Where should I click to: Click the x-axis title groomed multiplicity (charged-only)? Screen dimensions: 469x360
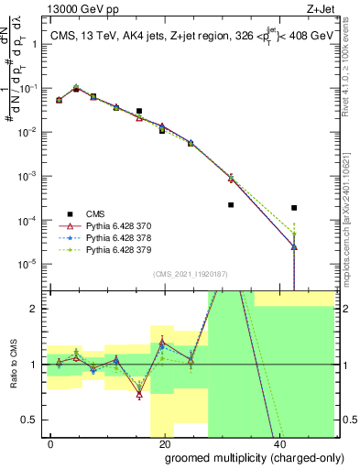pyautogui.click(x=242, y=455)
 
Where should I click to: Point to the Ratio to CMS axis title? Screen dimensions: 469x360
pyautogui.click(x=13, y=365)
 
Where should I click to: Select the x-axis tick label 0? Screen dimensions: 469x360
pyautogui.click(x=50, y=442)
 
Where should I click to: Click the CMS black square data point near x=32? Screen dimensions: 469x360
pyautogui.click(x=231, y=205)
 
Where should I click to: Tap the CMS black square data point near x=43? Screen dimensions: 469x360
pyautogui.click(x=294, y=208)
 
